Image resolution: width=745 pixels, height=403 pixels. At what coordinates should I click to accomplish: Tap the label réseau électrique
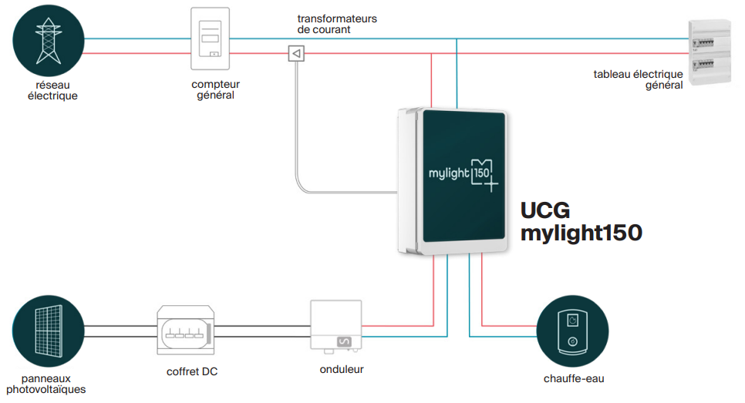[x=52, y=90]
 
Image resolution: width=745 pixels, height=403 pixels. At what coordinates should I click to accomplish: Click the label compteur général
[x=216, y=89]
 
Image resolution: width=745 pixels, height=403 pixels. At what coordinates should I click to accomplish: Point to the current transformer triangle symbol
[x=296, y=53]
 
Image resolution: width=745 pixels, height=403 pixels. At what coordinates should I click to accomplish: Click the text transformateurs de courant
[x=337, y=23]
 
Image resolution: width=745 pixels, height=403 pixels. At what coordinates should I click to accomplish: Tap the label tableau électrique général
[x=638, y=79]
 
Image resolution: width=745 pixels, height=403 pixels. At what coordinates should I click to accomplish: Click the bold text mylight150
[x=581, y=233]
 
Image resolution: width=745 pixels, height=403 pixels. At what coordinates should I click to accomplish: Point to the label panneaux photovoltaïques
[x=46, y=384]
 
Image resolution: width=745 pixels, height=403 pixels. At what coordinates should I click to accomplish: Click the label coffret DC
[x=192, y=371]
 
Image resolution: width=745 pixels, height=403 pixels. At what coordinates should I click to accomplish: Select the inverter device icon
[x=336, y=324]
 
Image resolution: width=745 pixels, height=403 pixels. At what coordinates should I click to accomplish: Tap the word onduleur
[x=342, y=369]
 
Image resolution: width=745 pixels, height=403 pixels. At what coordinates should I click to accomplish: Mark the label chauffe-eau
[x=571, y=378]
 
